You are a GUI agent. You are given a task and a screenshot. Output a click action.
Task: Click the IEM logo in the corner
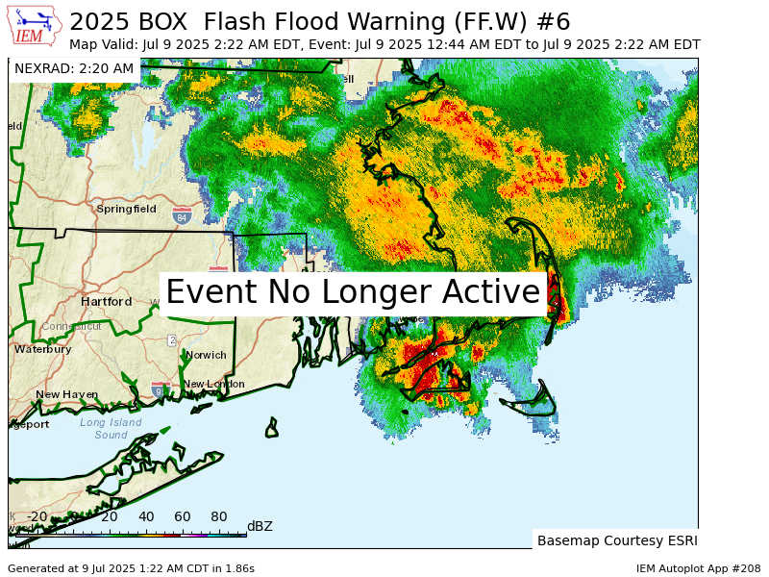click(x=35, y=26)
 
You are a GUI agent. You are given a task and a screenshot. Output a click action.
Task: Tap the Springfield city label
click(x=126, y=209)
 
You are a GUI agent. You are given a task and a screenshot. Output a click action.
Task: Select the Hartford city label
click(x=106, y=301)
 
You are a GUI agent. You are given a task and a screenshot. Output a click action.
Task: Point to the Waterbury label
click(x=42, y=349)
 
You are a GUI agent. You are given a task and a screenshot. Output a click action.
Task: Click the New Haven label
click(x=66, y=394)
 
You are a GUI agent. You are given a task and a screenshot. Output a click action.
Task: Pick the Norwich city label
click(x=207, y=355)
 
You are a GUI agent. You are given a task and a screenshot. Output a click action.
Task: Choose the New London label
click(x=214, y=384)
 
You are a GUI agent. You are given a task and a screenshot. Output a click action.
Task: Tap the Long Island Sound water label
click(x=111, y=429)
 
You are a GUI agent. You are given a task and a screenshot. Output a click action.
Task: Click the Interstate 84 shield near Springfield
click(x=182, y=216)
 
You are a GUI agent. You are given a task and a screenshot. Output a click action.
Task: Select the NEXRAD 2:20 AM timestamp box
click(x=74, y=68)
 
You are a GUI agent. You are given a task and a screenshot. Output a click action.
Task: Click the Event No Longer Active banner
click(x=353, y=291)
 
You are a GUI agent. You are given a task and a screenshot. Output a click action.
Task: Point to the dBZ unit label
click(x=260, y=526)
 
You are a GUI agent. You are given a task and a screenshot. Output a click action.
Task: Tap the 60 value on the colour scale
click(x=183, y=516)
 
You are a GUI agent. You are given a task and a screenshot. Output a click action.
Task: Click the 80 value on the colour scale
click(x=219, y=516)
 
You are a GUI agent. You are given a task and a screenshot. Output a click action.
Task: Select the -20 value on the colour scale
click(x=37, y=516)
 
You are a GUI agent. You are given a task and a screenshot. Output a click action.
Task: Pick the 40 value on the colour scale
click(x=146, y=516)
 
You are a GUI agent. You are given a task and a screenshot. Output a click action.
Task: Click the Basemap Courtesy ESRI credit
click(x=615, y=540)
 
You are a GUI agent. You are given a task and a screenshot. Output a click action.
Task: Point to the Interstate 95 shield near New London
click(x=159, y=389)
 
